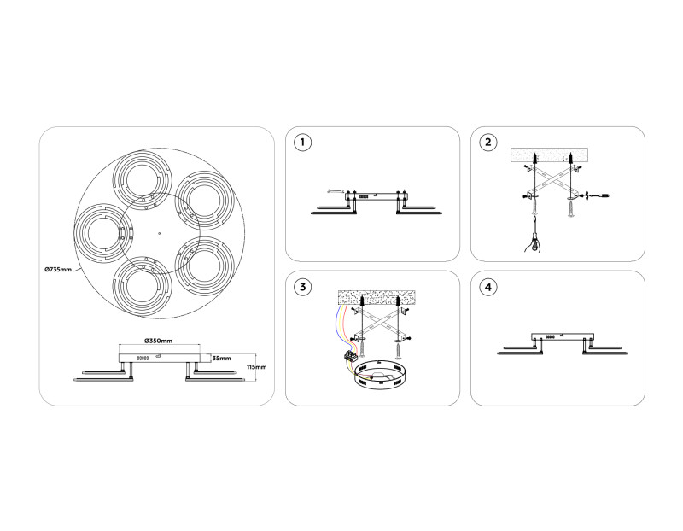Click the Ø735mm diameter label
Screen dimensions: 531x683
tap(59, 270)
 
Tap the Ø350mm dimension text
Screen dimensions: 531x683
tap(158, 341)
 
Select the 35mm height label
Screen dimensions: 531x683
tap(221, 358)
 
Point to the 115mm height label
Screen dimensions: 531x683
tap(255, 367)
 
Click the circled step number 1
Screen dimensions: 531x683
tap(302, 143)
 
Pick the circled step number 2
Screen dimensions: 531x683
tap(488, 143)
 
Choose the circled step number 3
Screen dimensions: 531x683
tap(302, 287)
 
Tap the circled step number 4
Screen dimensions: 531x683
tap(488, 287)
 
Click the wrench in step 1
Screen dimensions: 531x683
tap(335, 189)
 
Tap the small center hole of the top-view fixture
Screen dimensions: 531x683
tap(158, 232)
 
